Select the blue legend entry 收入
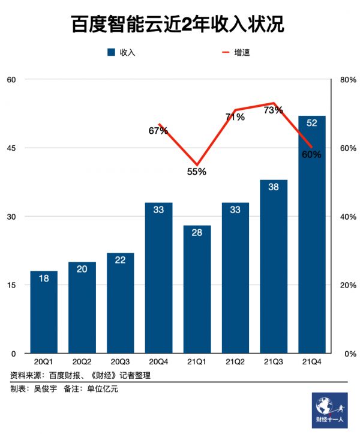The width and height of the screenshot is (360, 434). tap(122, 53)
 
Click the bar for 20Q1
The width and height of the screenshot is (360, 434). tap(43, 312)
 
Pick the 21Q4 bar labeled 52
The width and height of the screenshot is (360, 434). tap(311, 234)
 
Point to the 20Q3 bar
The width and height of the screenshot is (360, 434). tap(120, 303)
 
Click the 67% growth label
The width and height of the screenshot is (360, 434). tap(158, 130)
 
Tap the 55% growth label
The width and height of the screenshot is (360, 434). tap(196, 172)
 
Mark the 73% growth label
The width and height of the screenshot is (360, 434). tap(273, 110)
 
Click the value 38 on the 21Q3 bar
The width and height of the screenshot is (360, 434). tap(273, 187)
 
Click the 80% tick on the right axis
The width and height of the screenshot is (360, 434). tap(347, 79)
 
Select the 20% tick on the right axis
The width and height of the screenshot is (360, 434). tap(347, 285)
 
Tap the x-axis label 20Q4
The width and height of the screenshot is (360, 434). tap(158, 361)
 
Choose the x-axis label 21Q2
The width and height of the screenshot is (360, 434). tap(235, 361)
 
